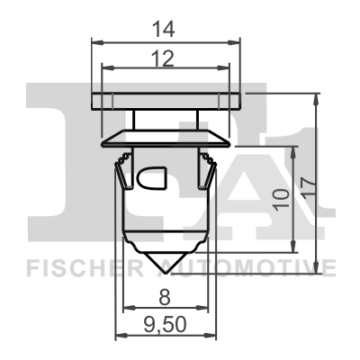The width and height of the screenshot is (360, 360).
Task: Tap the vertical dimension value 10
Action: point(281,195)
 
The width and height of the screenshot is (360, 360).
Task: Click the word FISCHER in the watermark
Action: point(80,266)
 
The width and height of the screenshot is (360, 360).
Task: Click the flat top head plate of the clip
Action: point(167,99)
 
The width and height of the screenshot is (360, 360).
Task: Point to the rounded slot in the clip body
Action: point(152,179)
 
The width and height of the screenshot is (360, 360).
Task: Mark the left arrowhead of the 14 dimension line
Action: point(96,40)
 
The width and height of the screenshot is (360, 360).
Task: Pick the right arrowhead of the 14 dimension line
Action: point(239,40)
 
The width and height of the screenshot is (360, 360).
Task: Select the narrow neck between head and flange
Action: point(167,119)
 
